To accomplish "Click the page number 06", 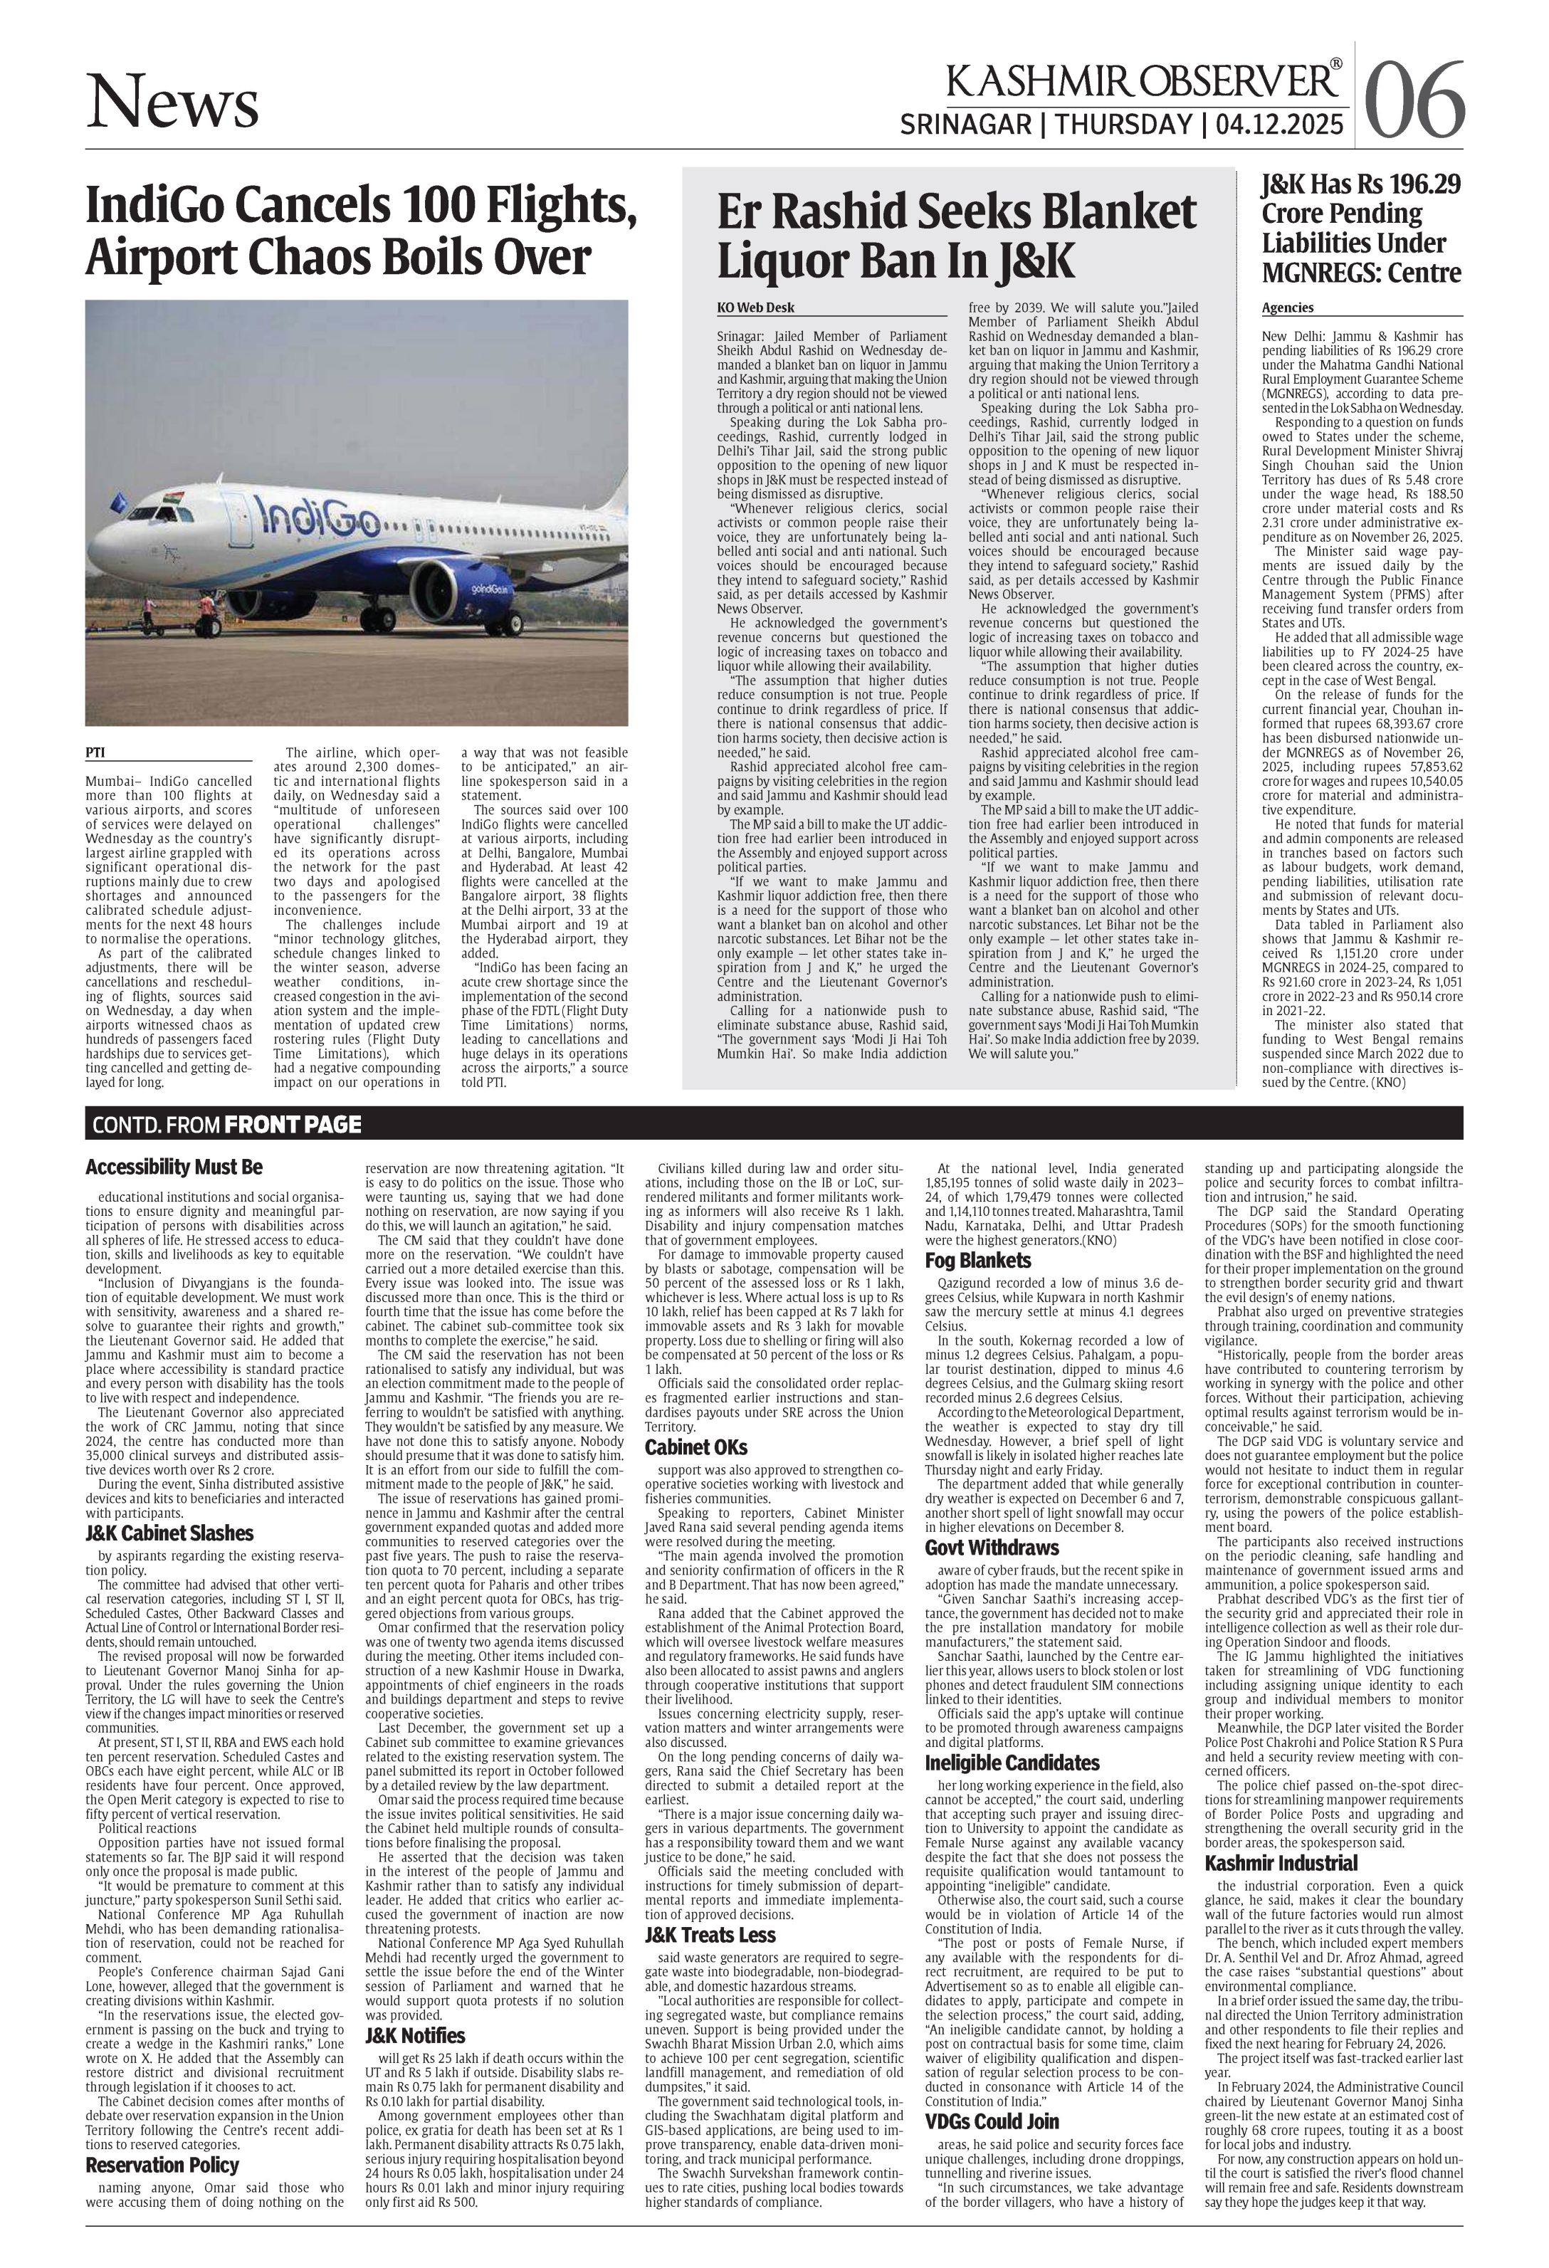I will coord(1415,100).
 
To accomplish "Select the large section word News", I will coord(173,103).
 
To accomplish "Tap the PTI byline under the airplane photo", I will coord(95,752).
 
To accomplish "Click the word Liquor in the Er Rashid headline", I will coord(782,261).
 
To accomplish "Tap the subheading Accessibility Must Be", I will coord(174,1167).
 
